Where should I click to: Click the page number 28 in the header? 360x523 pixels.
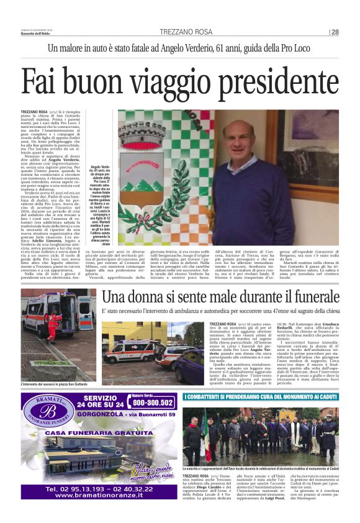(335, 32)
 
